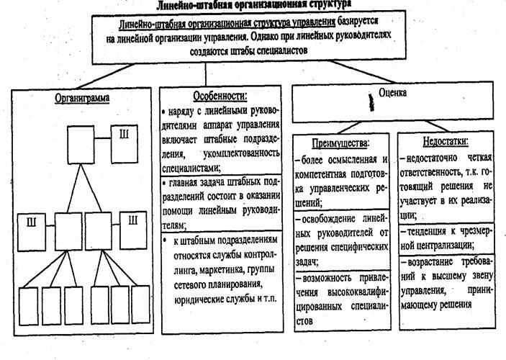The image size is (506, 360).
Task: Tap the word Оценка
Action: [393, 93]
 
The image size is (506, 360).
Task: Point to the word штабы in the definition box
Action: [229, 51]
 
